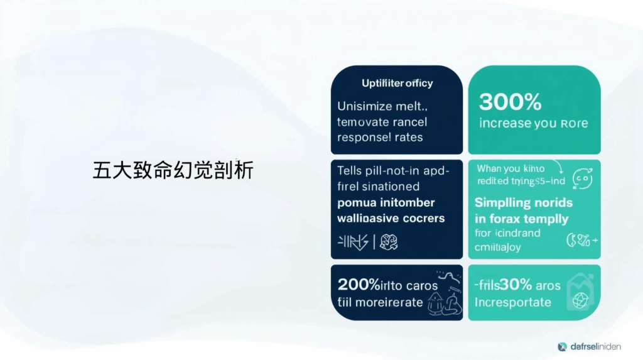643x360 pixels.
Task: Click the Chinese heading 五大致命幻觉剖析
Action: (x=173, y=170)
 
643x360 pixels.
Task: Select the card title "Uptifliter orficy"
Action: (x=397, y=83)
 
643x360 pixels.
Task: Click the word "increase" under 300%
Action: (x=504, y=123)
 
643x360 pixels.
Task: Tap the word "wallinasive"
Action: (x=367, y=219)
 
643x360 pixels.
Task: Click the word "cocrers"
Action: (x=423, y=219)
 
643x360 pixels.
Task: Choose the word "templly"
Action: (x=547, y=219)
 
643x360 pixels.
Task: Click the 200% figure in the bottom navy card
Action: (x=359, y=285)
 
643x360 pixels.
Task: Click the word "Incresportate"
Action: (x=512, y=302)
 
